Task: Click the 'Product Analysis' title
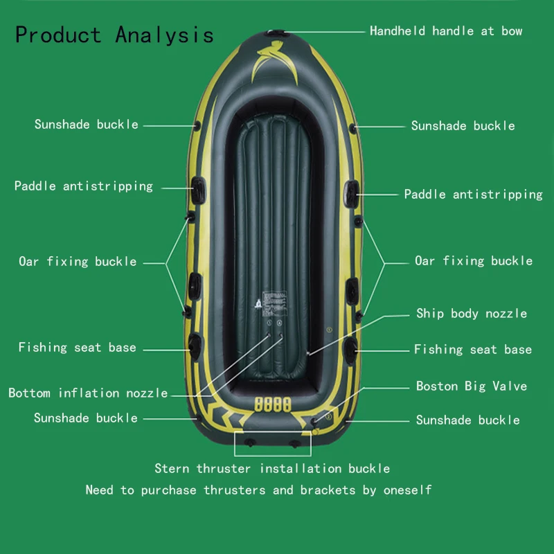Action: coord(114,35)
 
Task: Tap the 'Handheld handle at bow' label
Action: coord(446,31)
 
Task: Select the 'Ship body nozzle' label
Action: coord(472,314)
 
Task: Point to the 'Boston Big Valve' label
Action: coord(472,386)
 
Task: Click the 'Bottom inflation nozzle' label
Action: coord(88,393)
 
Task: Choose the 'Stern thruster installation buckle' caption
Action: coord(272,469)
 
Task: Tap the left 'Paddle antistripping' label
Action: coord(84,186)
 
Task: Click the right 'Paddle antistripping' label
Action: coord(474,195)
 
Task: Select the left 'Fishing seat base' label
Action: coord(78,348)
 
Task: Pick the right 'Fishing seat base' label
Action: coord(473,350)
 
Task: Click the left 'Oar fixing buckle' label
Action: coord(78,262)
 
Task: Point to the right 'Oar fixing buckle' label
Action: coord(474,261)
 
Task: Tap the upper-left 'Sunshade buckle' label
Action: coord(87,125)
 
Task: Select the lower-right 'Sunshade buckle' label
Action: coord(468,420)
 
